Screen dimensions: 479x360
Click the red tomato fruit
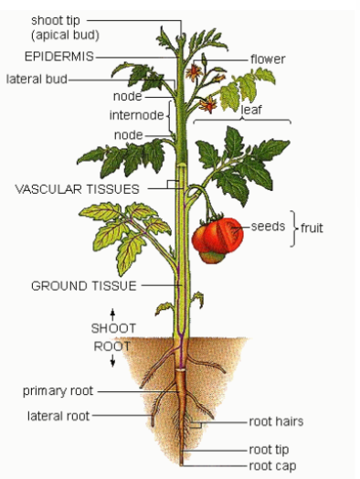217,239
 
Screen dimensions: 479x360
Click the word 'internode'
135,115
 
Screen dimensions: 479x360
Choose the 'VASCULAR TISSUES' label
77,189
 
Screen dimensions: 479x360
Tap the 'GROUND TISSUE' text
83,285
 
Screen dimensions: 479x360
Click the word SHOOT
113,328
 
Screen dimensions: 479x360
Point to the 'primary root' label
58,391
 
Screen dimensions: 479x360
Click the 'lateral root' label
58,416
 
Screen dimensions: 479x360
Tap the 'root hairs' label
276,422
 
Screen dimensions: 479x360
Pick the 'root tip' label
270,450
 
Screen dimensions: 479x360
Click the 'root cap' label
271,465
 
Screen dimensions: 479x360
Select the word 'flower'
268,59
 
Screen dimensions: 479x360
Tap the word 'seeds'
269,226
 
